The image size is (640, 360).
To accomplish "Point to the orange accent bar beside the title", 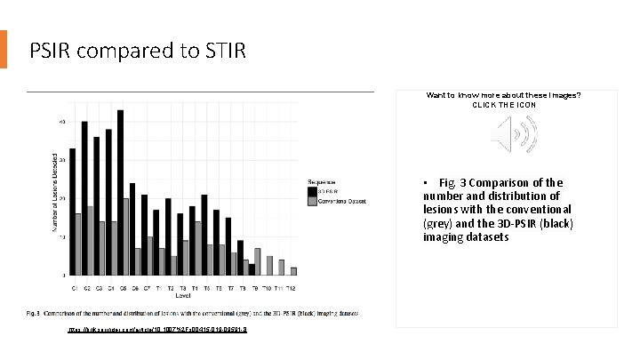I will [4, 50].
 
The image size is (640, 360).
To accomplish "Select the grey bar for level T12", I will [293, 271].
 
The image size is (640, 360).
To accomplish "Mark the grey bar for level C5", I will [126, 236].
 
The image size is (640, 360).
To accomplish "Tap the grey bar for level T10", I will [269, 266].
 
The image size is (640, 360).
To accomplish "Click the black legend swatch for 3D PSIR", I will [312, 190].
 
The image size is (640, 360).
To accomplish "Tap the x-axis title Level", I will [183, 297].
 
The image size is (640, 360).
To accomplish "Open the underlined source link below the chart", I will [156, 329].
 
